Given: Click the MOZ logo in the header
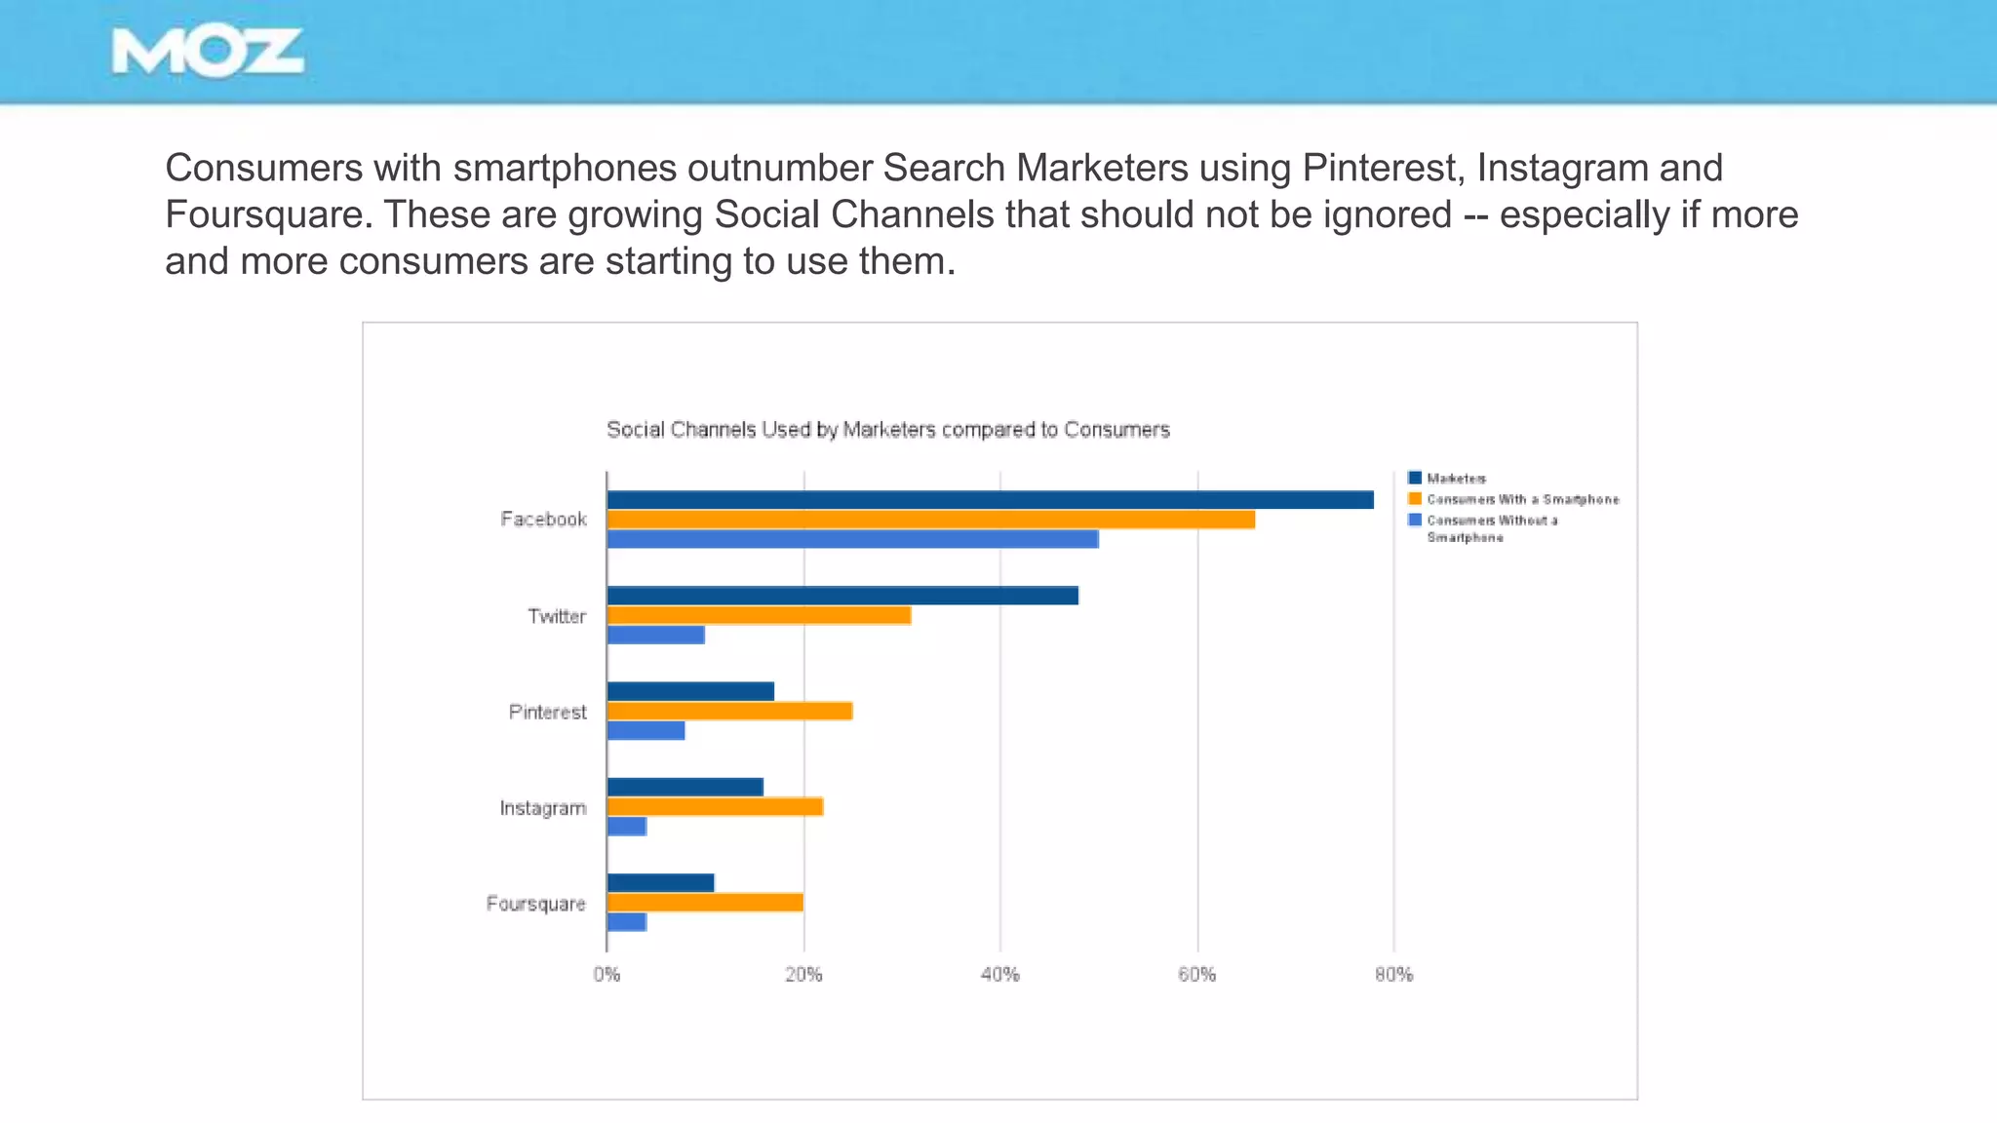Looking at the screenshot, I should coord(208,53).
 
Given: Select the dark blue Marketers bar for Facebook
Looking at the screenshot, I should coord(990,500).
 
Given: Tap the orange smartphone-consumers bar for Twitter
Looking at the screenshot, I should coord(759,615).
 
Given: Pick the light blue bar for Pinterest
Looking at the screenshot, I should coord(646,730).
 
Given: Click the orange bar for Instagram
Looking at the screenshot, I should coord(715,806).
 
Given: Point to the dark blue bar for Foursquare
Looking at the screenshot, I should coord(660,883).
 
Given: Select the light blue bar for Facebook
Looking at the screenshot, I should coord(852,539).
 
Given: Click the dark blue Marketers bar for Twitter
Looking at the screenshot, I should coord(842,596).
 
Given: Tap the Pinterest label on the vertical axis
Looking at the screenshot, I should coord(547,712).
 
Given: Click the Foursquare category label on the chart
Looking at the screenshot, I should coord(535,904).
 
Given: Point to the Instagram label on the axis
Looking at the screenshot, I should coord(542,808).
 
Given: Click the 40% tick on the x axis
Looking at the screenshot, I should coord(999,975).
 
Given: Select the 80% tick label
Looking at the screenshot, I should coord(1393,975).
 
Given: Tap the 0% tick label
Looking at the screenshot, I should coord(607,975).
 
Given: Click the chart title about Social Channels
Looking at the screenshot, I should coord(887,430).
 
